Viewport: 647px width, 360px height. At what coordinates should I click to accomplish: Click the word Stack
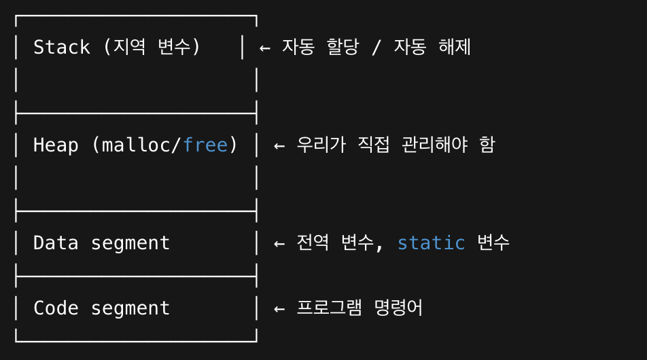pos(61,47)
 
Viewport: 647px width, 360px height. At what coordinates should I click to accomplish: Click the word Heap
pos(56,145)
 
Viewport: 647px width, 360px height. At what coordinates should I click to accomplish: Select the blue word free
pos(205,145)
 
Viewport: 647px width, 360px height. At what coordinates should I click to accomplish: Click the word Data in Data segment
pos(56,242)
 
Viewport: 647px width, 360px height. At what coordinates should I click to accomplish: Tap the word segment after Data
pos(130,243)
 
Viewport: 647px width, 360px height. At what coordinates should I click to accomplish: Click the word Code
pos(56,308)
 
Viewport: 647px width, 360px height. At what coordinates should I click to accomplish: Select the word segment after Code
pos(130,308)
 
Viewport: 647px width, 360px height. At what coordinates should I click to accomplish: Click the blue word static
pos(431,242)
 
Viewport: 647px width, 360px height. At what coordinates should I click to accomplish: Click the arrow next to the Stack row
pos(265,48)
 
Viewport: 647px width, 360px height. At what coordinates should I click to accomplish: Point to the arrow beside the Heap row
pos(279,145)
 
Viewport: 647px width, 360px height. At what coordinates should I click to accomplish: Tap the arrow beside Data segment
pos(279,243)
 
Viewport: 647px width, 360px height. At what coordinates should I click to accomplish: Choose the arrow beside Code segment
pos(279,308)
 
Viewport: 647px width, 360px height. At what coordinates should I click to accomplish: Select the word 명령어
pos(398,308)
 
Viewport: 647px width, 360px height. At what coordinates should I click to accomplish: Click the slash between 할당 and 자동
pos(375,48)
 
